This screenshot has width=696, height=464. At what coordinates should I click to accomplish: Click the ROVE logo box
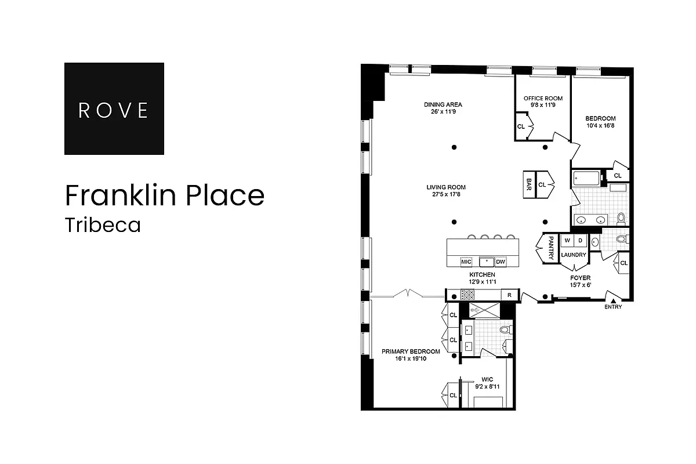[x=114, y=108]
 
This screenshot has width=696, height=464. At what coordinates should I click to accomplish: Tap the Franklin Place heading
[x=165, y=195]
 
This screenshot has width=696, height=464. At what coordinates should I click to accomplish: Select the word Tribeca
[x=103, y=225]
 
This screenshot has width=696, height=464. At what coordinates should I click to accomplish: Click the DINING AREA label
[x=443, y=105]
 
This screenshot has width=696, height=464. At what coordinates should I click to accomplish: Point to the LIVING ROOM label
[x=446, y=187]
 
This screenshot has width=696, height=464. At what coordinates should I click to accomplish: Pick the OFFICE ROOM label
[x=543, y=99]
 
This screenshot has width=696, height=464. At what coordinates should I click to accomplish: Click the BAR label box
[x=529, y=184]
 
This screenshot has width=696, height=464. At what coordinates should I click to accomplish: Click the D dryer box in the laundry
[x=580, y=241]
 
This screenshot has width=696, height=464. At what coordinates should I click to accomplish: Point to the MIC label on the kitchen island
[x=466, y=262]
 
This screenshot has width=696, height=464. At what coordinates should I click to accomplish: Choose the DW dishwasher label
[x=501, y=262]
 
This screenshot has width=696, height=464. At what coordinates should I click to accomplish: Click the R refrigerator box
[x=509, y=295]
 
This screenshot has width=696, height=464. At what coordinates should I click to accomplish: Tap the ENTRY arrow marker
[x=612, y=299]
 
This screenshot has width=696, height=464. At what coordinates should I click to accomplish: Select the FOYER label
[x=581, y=278]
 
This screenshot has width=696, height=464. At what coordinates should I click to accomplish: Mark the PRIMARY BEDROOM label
[x=411, y=351]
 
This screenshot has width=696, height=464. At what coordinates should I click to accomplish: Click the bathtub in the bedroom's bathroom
[x=586, y=177]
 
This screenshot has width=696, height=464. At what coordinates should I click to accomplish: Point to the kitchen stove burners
[x=467, y=295]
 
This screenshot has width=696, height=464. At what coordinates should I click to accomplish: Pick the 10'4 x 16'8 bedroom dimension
[x=601, y=126]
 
